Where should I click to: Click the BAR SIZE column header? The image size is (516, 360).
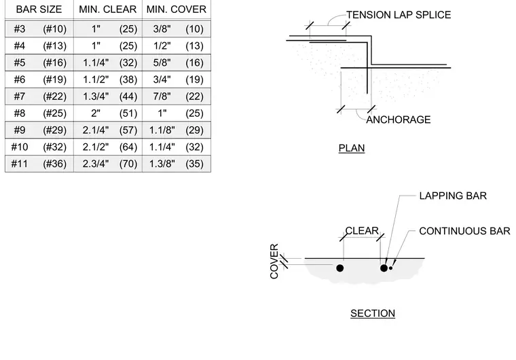coord(39,10)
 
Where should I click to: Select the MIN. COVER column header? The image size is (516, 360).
coord(177,10)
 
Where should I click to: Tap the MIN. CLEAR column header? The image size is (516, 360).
coord(107,10)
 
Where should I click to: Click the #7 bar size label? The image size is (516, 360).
coord(20,96)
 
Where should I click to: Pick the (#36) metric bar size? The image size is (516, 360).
coord(54,164)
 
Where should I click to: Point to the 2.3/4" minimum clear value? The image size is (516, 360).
coord(96,164)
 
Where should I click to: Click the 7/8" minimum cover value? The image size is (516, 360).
coord(162,96)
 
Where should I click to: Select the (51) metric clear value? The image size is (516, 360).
coord(128,113)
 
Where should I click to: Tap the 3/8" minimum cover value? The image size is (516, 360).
coord(162,29)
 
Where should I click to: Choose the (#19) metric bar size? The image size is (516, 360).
coord(54,79)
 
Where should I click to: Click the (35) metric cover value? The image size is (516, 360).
coord(194,164)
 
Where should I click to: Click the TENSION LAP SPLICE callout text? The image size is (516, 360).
coord(399,15)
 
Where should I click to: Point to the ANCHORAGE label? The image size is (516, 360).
coord(398,120)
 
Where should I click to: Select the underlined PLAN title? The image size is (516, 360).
coord(352,148)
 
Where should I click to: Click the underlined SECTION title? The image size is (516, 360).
coord(373,313)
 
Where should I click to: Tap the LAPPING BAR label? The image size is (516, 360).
coord(453,196)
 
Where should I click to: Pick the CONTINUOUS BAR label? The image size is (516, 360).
coord(464,231)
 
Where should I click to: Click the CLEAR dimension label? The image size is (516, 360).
coord(362,230)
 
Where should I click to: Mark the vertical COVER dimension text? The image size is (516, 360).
coord(274,262)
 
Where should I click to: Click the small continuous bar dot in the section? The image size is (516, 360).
coord(390,268)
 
